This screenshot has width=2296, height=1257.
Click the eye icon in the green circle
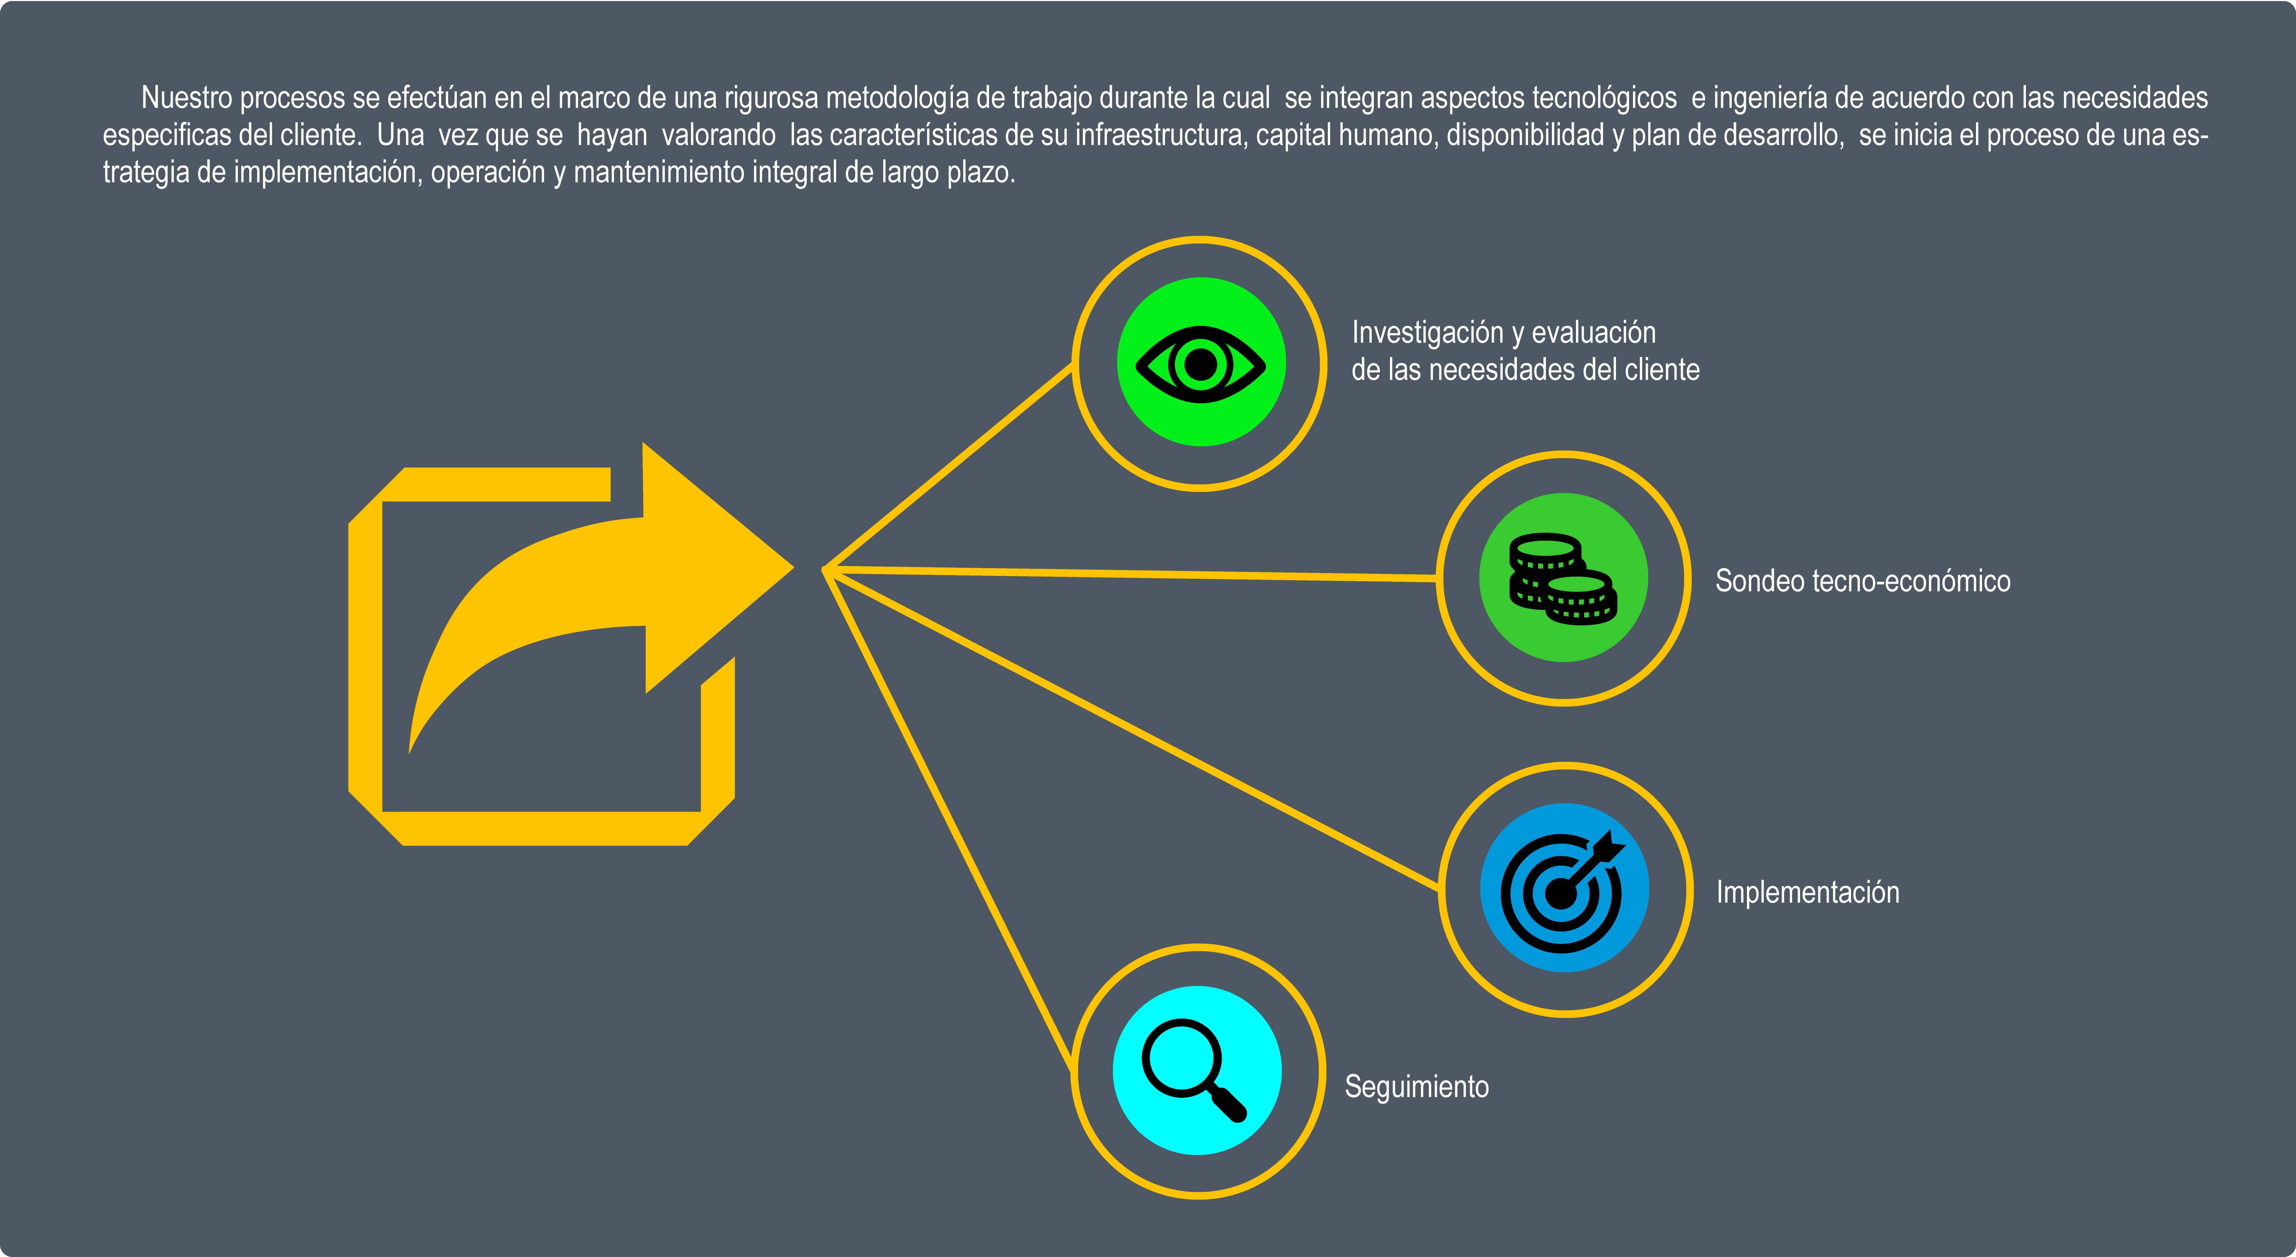click(x=1201, y=364)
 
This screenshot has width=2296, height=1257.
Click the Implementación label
click(x=1807, y=893)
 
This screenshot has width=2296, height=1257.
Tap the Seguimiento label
click(x=1416, y=1087)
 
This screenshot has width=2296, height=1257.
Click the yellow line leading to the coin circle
click(x=1132, y=573)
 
